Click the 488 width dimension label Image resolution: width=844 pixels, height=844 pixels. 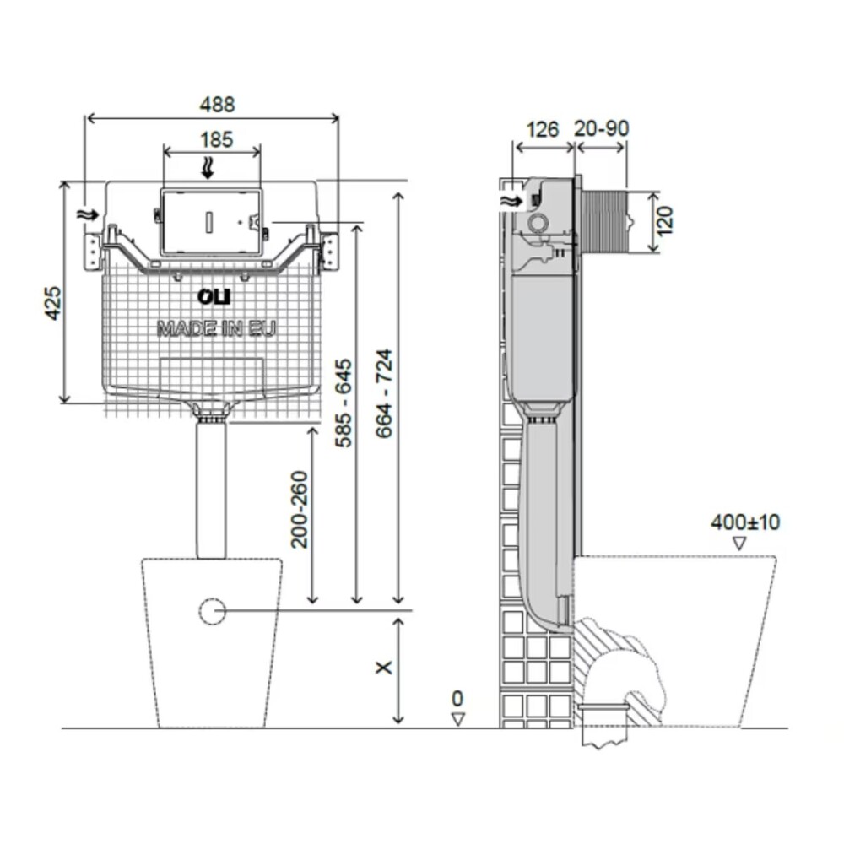click(x=217, y=105)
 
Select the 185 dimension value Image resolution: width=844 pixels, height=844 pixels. click(x=217, y=139)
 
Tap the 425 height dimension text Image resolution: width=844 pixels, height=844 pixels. click(x=53, y=301)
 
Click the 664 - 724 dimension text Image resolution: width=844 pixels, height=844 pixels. click(x=384, y=393)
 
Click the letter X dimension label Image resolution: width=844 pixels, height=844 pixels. click(x=384, y=667)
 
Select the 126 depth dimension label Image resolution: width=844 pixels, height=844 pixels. click(x=543, y=129)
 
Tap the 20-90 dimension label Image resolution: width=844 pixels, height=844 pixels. click(x=602, y=129)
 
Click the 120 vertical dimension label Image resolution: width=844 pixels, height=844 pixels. click(x=667, y=221)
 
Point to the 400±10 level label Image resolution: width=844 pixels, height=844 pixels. click(x=744, y=522)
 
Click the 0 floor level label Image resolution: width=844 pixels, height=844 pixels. click(x=457, y=699)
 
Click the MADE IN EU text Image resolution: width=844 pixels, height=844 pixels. click(x=216, y=328)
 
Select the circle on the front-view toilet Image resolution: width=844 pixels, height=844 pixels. click(x=213, y=611)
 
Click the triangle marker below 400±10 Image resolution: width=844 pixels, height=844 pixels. click(x=740, y=544)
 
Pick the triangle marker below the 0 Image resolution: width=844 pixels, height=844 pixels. click(x=457, y=719)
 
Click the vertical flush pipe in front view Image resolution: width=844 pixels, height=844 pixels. click(x=212, y=490)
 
